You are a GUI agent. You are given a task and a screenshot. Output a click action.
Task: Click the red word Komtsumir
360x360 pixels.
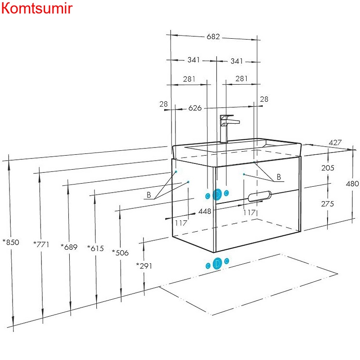(x=36, y=9)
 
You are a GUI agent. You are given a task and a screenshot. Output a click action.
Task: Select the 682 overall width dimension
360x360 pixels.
(x=213, y=37)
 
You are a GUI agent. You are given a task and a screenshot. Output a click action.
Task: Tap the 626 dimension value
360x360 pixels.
(x=195, y=108)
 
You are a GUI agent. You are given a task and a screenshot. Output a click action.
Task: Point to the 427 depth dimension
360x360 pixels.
(x=335, y=143)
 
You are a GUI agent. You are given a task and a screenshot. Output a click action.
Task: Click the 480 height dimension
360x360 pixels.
(x=352, y=184)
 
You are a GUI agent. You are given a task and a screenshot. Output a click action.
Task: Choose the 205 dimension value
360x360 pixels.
(x=328, y=168)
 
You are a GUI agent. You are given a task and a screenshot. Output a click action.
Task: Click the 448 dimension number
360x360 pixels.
(x=205, y=211)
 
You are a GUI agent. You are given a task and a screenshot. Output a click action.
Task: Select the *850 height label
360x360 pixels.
(x=11, y=242)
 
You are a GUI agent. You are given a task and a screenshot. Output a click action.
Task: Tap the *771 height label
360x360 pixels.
(x=42, y=244)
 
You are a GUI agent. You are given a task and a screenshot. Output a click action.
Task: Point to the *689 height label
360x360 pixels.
(x=69, y=247)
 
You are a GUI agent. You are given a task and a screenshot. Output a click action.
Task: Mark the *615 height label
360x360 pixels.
(x=95, y=248)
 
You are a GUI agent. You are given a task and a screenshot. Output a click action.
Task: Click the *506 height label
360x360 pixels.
(x=120, y=252)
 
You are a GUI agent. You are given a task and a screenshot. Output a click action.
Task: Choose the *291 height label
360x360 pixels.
(x=144, y=266)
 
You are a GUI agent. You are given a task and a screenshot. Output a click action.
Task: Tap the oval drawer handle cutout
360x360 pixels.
(x=260, y=196)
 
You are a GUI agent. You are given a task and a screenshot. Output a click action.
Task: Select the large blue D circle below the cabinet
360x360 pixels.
(x=217, y=263)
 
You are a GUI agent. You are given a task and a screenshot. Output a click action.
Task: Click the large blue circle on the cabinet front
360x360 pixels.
(x=216, y=194)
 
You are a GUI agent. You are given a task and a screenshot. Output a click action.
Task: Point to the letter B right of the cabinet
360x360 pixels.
(x=279, y=177)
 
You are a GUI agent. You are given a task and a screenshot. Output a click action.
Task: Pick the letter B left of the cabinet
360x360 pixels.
(x=148, y=195)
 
